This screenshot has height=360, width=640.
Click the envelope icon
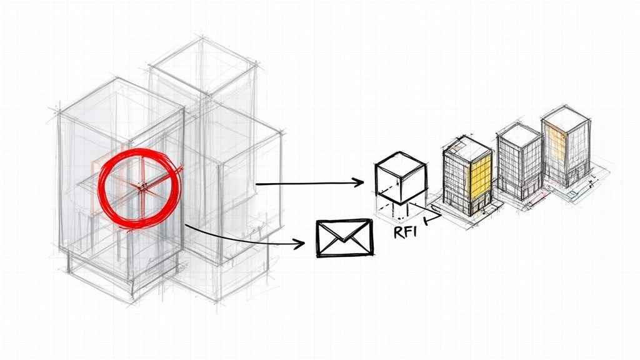tap(344, 237)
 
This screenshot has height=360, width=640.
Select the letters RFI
tap(404, 233)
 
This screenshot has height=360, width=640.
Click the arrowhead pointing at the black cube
tap(359, 182)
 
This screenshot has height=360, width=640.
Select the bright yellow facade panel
tap(480, 175)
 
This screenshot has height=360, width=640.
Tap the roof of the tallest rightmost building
tap(565, 118)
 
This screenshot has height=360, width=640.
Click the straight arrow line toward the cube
tap(306, 184)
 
